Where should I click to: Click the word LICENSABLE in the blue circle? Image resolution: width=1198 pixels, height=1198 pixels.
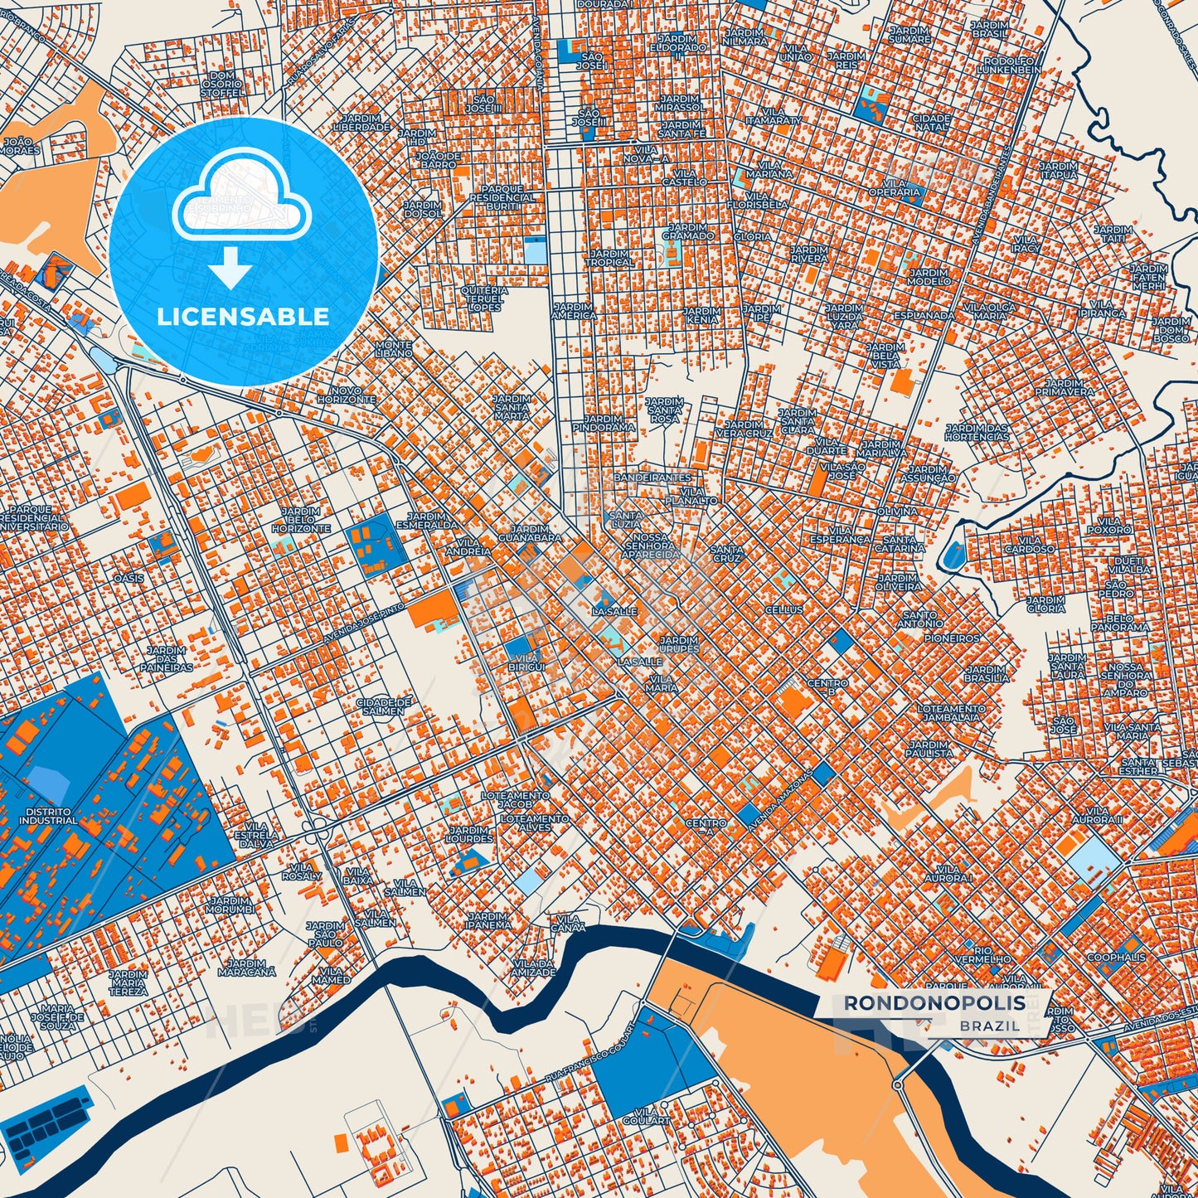[x=243, y=317]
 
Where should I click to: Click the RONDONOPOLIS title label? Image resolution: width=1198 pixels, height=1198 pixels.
[x=934, y=1003]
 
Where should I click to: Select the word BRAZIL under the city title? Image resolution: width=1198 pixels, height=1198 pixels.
[x=990, y=1026]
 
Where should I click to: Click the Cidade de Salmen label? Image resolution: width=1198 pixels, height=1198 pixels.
[x=382, y=706]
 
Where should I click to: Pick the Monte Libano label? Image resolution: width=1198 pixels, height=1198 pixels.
[x=394, y=349]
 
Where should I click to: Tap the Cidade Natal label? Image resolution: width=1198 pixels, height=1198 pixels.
[x=930, y=123]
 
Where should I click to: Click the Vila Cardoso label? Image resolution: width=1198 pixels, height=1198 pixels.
[x=1029, y=544]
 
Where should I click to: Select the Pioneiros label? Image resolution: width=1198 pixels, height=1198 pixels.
[x=953, y=638]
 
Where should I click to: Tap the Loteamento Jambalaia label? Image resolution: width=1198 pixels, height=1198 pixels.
[x=951, y=714]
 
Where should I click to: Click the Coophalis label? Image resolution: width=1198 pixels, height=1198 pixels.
[x=1116, y=957]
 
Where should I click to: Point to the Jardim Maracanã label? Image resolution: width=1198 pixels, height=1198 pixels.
[x=247, y=968]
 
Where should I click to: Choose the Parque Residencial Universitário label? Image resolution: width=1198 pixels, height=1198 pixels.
[x=32, y=517]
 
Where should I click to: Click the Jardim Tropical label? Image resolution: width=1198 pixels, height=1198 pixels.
[x=609, y=258]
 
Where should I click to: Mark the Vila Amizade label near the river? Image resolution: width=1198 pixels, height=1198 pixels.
[x=533, y=968]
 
